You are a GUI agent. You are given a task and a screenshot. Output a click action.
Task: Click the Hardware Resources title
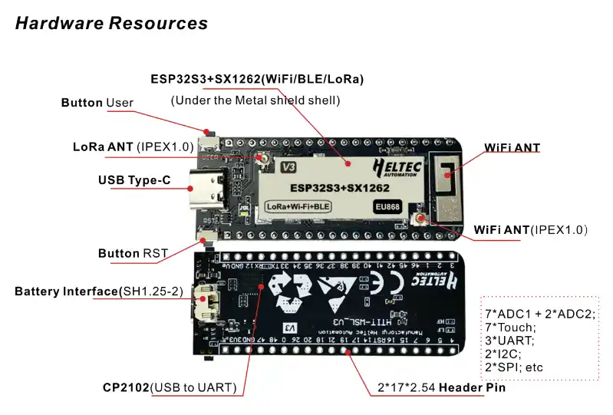pos(111,23)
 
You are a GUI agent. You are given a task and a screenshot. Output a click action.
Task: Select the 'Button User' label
pos(97,103)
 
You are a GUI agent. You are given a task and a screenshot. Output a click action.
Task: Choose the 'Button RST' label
pos(129,253)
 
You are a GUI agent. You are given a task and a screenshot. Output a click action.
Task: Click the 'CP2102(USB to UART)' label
pos(170,387)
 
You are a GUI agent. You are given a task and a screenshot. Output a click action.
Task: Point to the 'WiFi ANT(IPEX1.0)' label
pos(530,229)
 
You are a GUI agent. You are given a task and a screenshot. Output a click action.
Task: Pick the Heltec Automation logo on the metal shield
pos(395,166)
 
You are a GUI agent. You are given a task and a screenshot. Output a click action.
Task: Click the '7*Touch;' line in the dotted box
pos(509,327)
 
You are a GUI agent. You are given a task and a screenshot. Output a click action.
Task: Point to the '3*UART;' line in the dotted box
pos(509,340)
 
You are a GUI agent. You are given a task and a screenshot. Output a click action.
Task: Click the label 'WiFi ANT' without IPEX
pos(512,147)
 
